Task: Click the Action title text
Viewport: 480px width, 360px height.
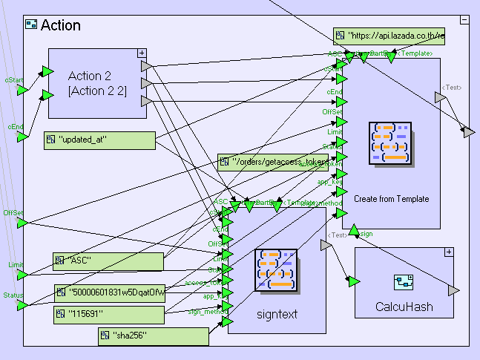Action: [60, 25]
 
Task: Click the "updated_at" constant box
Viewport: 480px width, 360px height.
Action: [99, 140]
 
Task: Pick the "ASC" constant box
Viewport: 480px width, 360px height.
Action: [108, 261]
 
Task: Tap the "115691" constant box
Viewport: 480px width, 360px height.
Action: [108, 315]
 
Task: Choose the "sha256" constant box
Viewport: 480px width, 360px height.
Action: [153, 337]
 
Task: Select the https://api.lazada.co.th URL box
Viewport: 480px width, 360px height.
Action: [389, 35]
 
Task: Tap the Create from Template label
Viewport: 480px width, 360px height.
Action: [391, 199]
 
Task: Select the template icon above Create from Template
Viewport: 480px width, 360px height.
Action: [390, 143]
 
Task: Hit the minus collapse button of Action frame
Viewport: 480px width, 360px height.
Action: [463, 20]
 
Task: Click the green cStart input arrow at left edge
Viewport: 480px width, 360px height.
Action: [22, 89]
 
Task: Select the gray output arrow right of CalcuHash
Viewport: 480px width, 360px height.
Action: [453, 289]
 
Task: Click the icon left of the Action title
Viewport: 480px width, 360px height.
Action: [31, 25]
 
